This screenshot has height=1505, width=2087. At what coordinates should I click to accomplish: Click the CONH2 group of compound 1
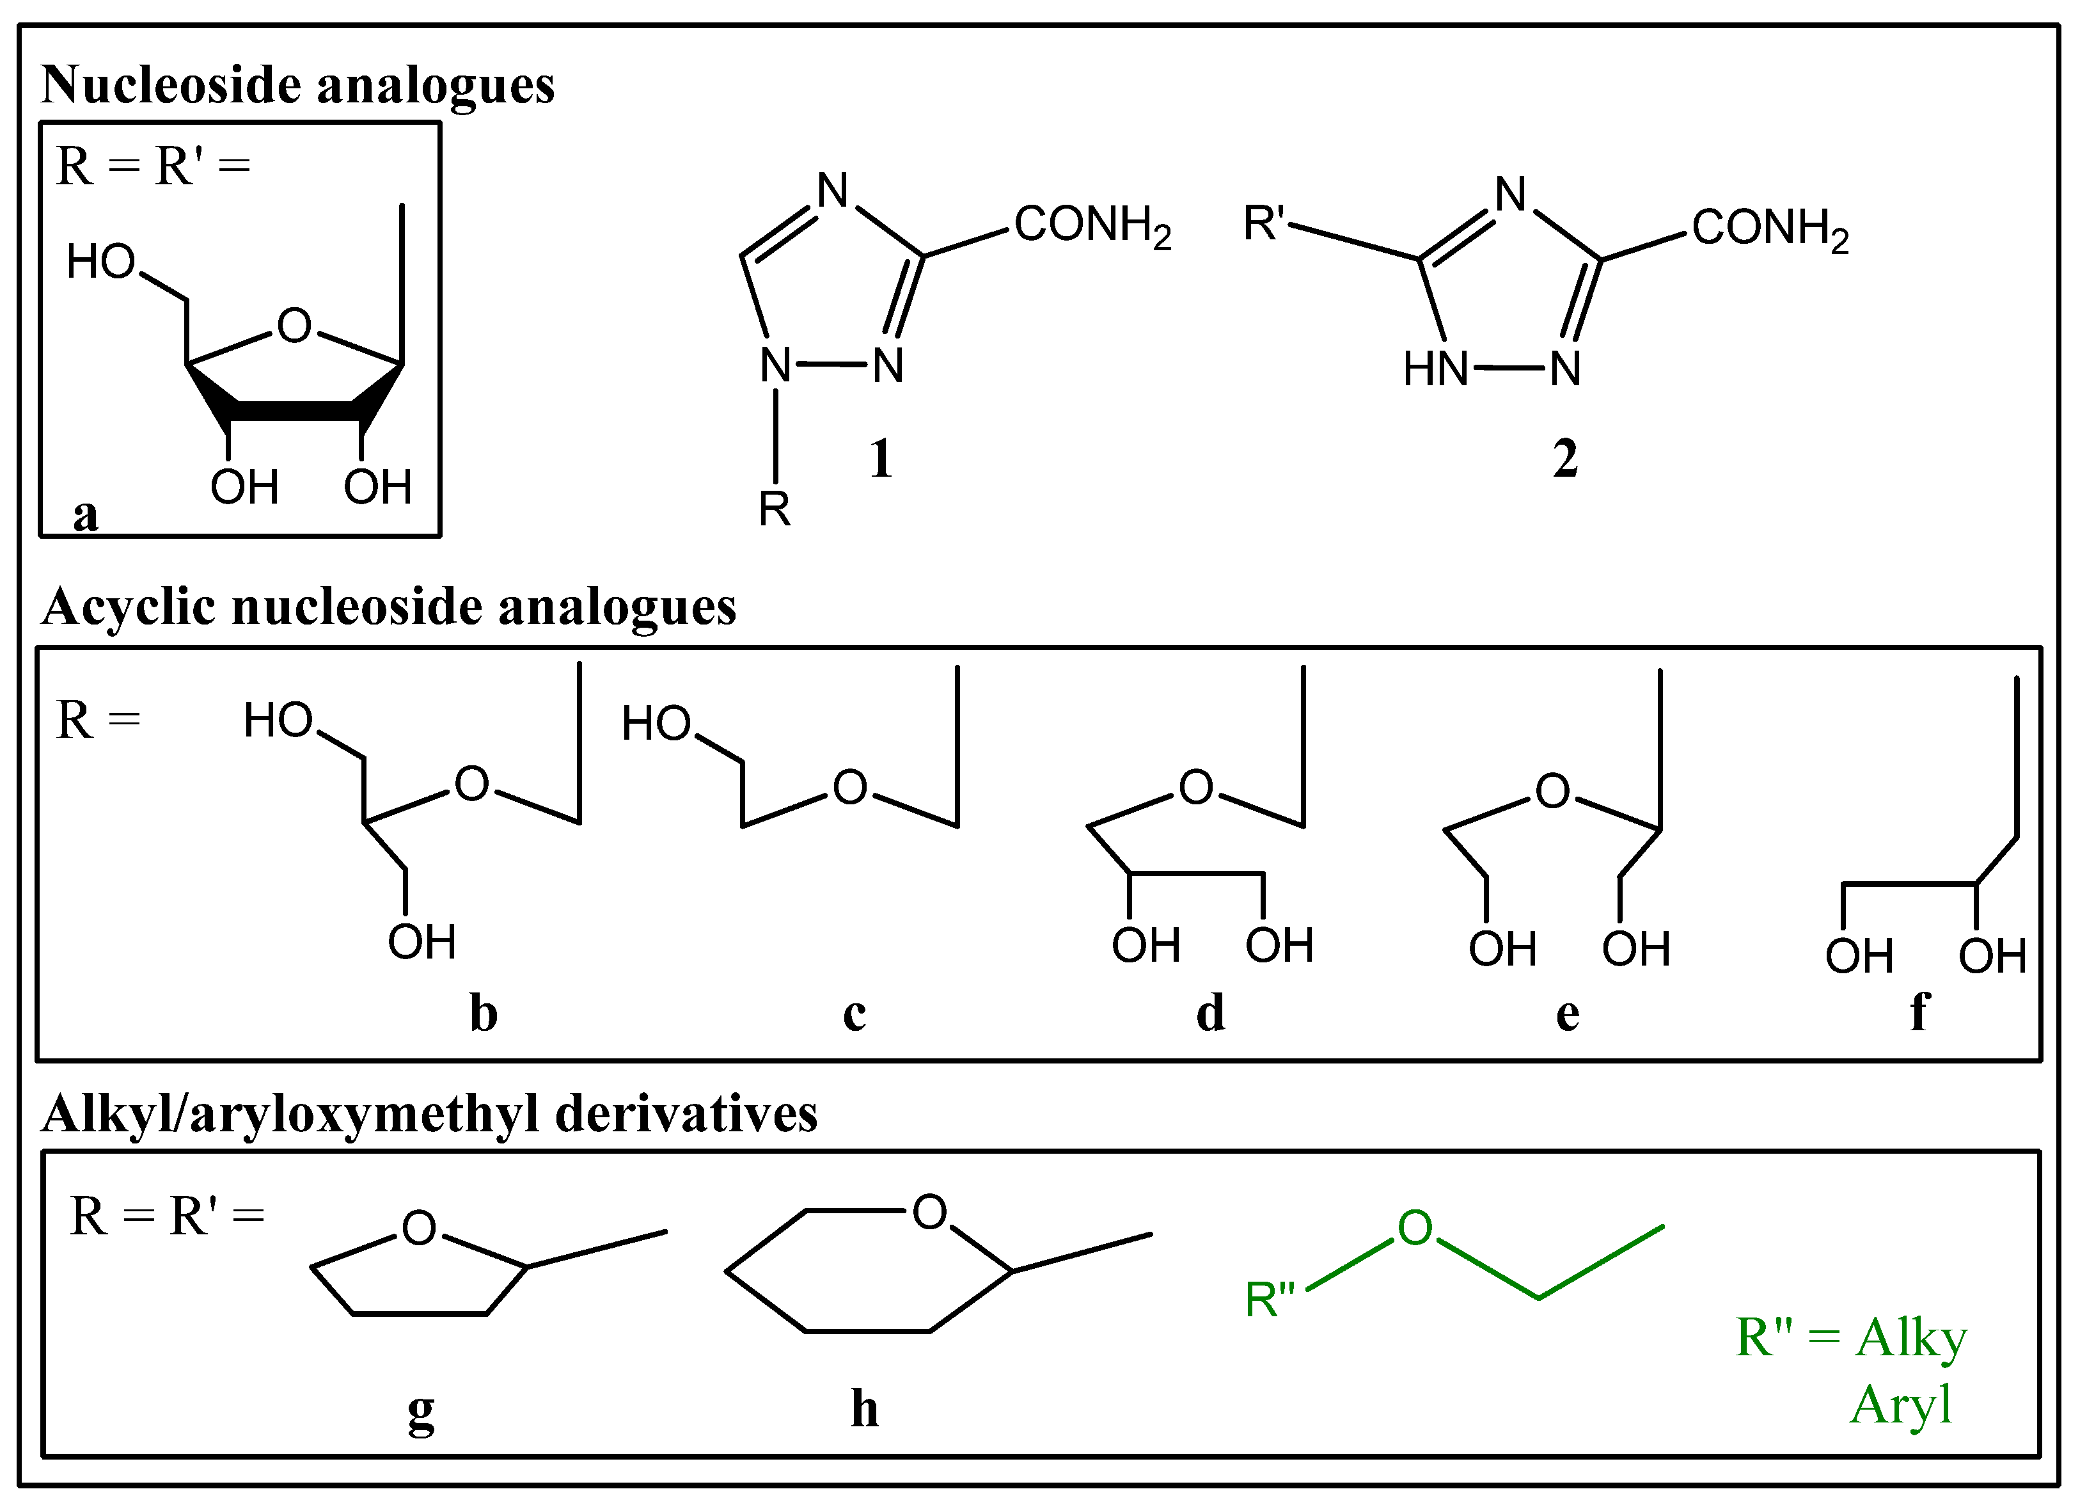[x=1091, y=225]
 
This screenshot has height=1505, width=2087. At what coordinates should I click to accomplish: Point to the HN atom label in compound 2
[x=1435, y=370]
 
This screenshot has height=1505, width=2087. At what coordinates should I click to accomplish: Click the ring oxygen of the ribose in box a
[x=294, y=326]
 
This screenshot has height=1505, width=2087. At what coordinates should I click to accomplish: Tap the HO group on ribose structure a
[x=101, y=262]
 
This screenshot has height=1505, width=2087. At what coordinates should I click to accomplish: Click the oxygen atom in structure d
[x=1195, y=787]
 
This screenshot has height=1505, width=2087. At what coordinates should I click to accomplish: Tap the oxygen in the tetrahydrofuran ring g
[x=419, y=1228]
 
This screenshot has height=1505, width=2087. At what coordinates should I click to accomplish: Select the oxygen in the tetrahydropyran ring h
[x=929, y=1213]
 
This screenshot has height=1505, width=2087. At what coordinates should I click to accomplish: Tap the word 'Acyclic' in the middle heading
[x=129, y=607]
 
